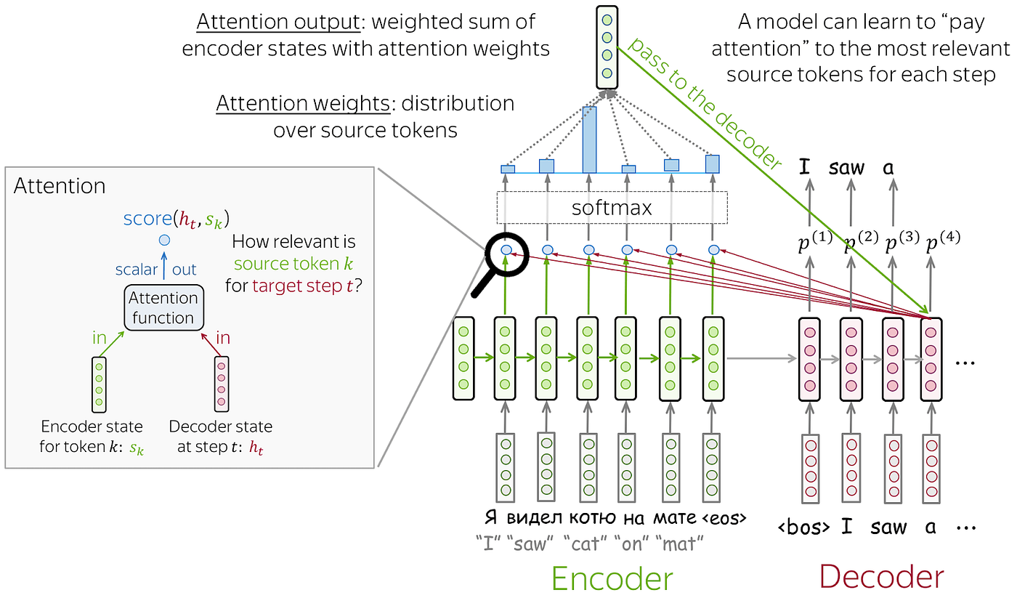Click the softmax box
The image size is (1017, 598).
612,208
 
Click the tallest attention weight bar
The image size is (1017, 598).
589,140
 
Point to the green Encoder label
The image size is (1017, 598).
612,578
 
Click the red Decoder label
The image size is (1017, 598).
881,577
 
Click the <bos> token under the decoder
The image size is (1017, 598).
804,528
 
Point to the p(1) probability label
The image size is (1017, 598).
814,244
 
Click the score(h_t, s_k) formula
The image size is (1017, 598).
180,218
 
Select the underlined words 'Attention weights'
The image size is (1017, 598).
302,104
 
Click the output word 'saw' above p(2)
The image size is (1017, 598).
846,168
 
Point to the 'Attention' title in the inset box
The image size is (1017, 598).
60,186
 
